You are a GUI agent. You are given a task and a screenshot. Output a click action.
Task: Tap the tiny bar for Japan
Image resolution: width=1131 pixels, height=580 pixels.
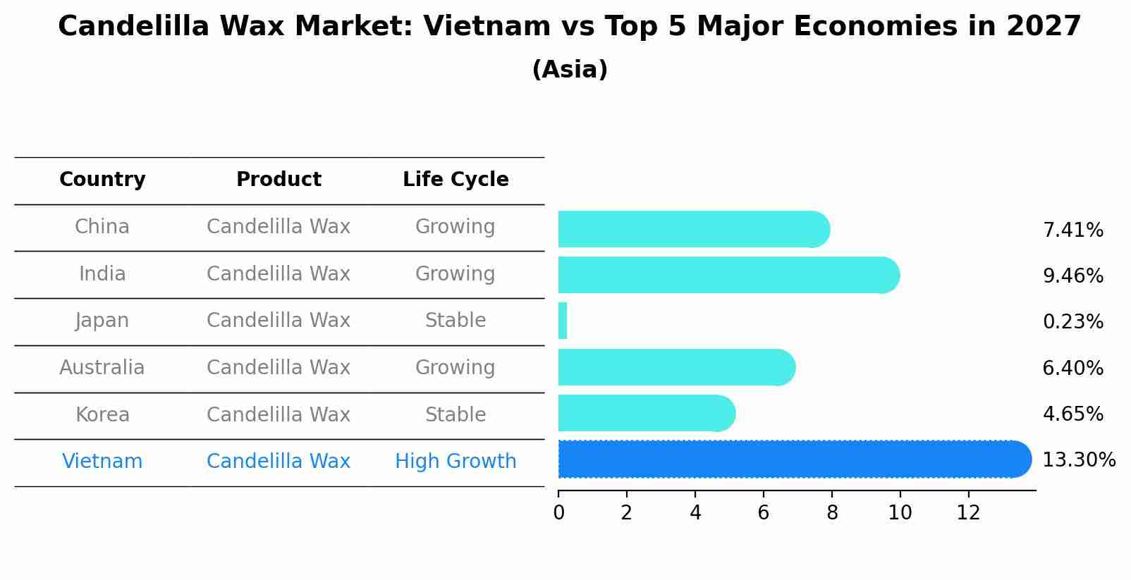(563, 321)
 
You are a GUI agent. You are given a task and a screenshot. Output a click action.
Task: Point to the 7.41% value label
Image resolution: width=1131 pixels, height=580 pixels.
(1072, 230)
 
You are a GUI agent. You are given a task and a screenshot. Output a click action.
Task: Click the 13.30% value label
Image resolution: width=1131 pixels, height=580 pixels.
(1078, 460)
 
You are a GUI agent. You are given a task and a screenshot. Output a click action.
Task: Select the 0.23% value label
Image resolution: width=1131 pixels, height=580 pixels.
(1072, 322)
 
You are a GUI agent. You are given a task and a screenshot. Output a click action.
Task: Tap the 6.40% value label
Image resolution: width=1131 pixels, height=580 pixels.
(1072, 368)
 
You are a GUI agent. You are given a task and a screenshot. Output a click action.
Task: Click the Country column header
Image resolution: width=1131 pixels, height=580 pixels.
(102, 180)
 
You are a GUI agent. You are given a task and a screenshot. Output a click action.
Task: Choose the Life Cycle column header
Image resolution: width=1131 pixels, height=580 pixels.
(456, 180)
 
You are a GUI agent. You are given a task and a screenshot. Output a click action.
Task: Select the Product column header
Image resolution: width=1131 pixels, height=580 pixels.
(279, 180)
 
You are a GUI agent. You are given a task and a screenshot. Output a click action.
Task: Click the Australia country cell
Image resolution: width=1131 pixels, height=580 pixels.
(102, 368)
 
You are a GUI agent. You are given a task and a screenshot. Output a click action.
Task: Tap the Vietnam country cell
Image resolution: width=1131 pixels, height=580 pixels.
(102, 462)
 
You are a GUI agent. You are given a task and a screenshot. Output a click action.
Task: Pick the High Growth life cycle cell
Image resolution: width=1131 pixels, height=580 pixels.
(456, 462)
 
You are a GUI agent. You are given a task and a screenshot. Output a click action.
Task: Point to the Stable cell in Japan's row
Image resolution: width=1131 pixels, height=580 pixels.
(456, 321)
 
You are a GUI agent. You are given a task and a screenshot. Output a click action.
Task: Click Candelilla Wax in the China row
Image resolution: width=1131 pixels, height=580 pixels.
(279, 227)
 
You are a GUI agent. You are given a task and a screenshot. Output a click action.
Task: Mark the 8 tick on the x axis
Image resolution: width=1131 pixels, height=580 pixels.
(832, 513)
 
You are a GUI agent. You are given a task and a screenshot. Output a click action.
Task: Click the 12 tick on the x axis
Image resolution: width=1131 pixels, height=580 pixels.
(969, 513)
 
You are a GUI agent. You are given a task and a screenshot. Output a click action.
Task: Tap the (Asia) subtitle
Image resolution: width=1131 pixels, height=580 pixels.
(570, 70)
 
